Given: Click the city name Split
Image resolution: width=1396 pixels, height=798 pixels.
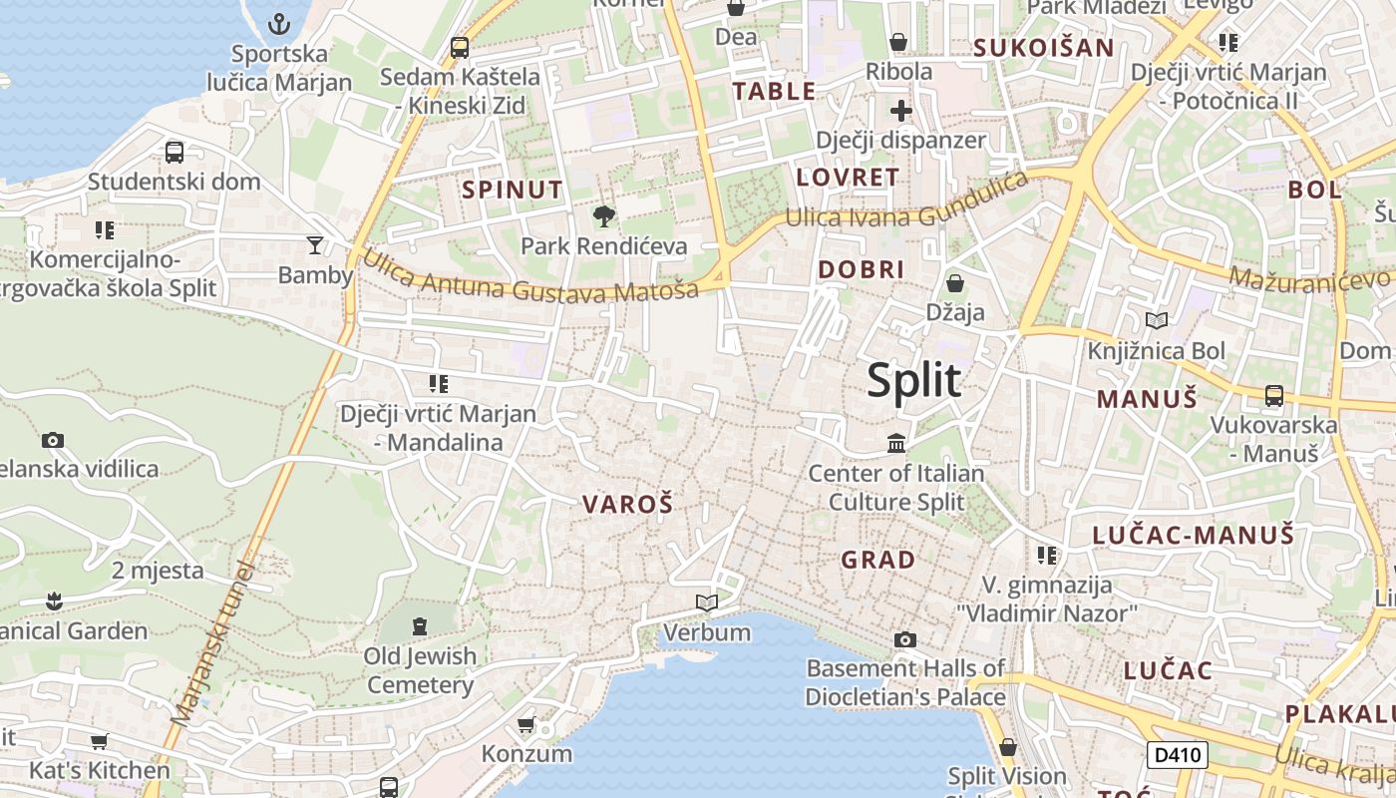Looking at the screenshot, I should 913,381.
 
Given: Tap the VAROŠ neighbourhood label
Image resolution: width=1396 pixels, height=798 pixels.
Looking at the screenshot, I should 627,505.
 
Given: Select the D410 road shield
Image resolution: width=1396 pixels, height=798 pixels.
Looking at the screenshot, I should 1177,755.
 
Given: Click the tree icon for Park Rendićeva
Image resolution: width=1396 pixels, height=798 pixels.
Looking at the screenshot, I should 603,215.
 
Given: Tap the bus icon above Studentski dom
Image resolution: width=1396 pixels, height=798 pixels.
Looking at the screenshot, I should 174,153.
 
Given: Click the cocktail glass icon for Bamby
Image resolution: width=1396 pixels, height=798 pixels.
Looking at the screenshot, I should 315,245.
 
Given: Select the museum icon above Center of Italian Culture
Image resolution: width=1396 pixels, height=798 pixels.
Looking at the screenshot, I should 896,443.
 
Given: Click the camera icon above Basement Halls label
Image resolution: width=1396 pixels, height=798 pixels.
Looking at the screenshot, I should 904,639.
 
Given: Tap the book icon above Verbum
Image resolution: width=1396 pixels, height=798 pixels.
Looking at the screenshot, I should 707,602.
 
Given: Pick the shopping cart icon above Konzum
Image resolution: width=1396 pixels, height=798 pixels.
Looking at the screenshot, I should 525,724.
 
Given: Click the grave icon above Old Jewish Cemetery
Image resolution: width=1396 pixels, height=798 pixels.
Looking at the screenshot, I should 420,626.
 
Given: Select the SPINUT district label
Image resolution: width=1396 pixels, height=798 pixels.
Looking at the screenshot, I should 513,190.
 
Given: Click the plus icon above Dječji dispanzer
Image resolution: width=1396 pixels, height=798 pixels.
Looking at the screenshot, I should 901,111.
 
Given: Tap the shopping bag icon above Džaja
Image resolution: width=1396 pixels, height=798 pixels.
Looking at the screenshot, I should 954,283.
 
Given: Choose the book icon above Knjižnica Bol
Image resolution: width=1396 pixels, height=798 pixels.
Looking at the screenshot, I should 1156,320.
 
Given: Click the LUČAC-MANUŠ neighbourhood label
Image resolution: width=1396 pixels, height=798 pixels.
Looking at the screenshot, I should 1193,535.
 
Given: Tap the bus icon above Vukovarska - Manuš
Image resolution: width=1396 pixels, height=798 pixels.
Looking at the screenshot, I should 1273,395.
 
